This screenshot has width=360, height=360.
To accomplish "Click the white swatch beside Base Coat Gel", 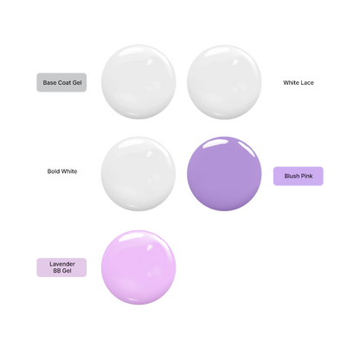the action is tap(138, 81).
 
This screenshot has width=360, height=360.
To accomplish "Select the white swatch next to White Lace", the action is tap(224, 82).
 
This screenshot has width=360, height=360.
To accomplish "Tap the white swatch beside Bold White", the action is tap(138, 174).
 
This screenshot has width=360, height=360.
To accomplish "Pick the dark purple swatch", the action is tap(224, 174).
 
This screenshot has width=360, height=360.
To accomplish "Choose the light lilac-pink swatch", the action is tap(138, 267).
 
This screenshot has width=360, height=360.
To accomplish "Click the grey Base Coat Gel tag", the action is tap(61, 82).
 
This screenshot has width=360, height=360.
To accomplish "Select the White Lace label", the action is tap(299, 83).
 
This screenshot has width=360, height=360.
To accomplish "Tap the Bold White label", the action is tap(62, 171).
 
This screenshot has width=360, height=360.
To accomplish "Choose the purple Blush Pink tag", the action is tap(299, 176).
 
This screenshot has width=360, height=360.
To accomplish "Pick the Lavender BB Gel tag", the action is tap(61, 267).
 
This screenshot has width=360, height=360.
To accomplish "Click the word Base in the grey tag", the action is tap(49, 83).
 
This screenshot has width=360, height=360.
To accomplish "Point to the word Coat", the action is tap(65, 83).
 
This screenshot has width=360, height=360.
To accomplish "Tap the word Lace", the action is tap(307, 83).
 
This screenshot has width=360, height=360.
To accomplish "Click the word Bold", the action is tap(54, 171).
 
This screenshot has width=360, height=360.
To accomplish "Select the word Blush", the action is tap(292, 176).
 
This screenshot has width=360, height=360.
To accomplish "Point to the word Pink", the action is tap(307, 176).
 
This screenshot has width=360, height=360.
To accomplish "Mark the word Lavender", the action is tap(62, 264).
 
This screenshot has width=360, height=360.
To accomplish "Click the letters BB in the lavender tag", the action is tap(57, 271).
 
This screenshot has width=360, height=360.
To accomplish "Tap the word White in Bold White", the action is tap(69, 171).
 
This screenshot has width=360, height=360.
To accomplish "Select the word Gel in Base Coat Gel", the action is tap(77, 83).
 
